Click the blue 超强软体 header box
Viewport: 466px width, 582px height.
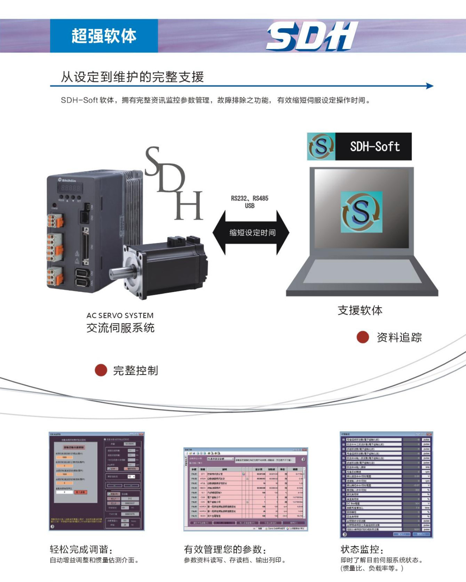[104, 36]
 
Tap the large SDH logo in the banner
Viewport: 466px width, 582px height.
[312, 36]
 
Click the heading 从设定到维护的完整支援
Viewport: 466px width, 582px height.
[132, 77]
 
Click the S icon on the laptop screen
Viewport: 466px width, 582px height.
[361, 212]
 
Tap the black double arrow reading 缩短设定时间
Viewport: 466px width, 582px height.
[251, 233]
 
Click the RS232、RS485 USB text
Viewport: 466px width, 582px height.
[250, 202]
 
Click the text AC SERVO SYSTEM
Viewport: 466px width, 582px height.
[120, 316]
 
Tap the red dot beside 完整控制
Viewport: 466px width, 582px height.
[101, 370]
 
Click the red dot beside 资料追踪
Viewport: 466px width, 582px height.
[363, 337]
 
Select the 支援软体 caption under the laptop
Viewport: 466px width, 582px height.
[360, 310]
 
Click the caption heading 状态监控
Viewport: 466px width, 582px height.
[362, 550]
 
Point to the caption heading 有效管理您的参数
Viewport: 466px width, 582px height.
[225, 550]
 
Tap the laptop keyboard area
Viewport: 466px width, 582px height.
[362, 272]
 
